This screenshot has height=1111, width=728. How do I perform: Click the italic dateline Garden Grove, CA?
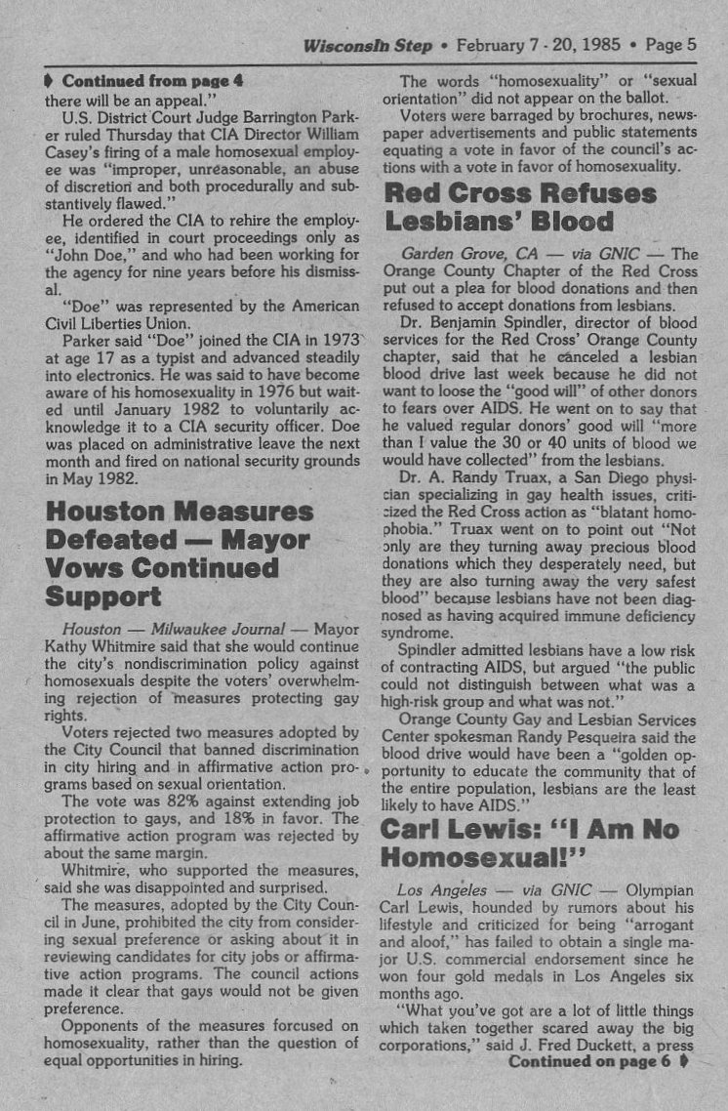[465, 254]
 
